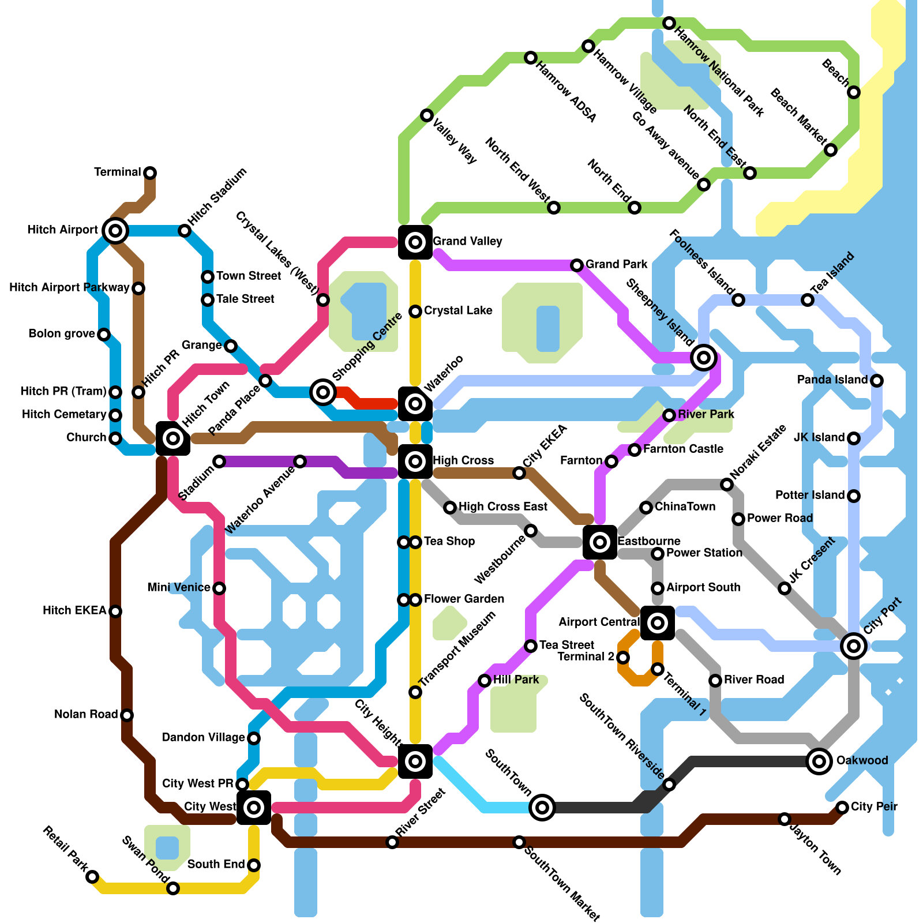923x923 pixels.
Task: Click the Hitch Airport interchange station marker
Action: [115, 231]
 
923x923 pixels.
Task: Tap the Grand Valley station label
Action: [467, 241]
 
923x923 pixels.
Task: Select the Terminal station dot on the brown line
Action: [150, 172]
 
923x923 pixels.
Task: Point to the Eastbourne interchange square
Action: [600, 542]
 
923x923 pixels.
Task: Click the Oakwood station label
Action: [862, 760]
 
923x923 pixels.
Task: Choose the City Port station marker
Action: [854, 646]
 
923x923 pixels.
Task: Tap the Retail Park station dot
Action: [92, 877]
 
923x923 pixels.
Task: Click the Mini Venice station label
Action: [179, 587]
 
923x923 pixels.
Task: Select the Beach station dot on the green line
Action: [854, 92]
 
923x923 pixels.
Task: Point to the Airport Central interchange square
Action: [658, 622]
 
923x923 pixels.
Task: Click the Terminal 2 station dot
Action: [623, 657]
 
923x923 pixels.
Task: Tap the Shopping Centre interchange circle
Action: [323, 392]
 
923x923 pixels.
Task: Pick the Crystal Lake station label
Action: [458, 310]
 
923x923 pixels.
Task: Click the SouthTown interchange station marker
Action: [542, 808]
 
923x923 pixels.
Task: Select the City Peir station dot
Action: [842, 807]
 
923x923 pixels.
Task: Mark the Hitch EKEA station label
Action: [74, 610]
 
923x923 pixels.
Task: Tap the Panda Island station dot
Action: [877, 380]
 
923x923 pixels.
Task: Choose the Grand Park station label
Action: [617, 264]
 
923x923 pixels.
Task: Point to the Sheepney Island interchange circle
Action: [703, 358]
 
